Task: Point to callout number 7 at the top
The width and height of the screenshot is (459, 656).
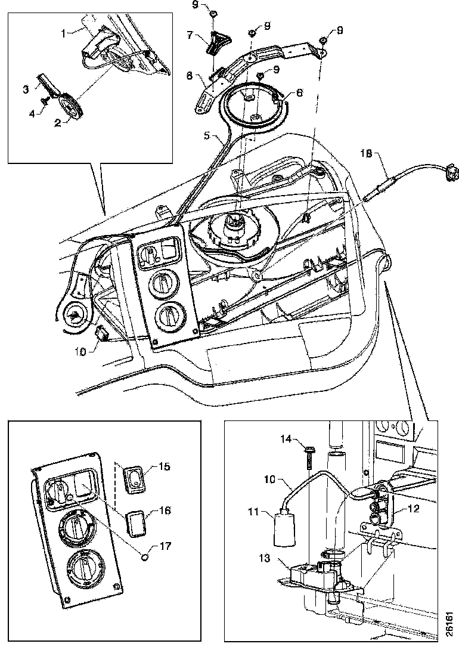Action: tap(190, 35)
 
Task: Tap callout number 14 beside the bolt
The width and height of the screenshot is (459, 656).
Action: tap(287, 439)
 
